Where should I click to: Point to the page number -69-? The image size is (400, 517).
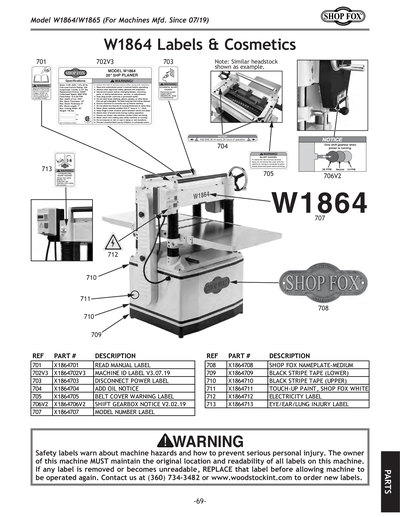tap(199, 500)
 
